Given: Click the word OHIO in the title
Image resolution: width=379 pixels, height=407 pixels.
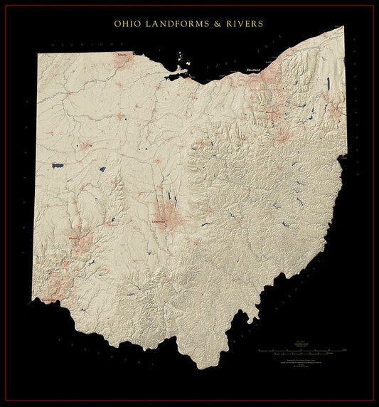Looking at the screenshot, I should pos(129,23).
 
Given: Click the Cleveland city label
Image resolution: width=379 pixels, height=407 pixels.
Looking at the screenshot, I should pos(253,70).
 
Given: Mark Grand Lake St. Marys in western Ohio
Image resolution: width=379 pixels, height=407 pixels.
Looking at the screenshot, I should pos(58,166).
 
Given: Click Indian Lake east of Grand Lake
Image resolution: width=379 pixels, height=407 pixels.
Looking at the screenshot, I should pos(102,170).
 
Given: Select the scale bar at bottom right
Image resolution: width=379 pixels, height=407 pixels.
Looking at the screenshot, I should pos(302,351).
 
